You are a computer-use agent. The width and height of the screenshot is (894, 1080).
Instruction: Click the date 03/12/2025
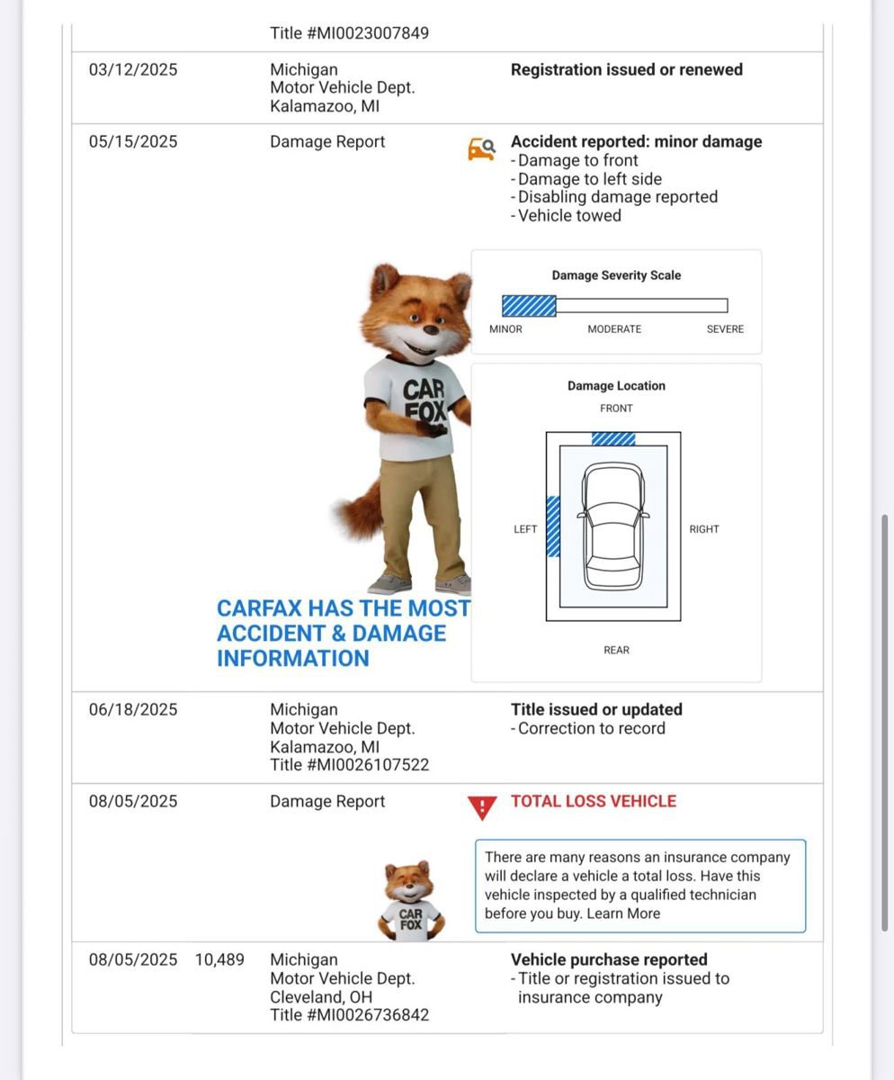133,70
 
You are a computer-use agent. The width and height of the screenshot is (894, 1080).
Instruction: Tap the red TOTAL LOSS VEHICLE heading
593,801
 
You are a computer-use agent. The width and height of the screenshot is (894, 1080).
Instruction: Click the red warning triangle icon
482,807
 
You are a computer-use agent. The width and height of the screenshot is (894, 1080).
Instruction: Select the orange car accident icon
481,148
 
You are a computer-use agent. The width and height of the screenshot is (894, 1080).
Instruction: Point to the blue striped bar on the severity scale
529,306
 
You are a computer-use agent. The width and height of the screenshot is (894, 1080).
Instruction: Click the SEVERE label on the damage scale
725,329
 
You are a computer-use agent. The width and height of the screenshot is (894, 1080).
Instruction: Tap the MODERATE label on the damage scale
614,329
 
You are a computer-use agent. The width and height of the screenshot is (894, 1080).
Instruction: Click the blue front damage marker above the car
613,439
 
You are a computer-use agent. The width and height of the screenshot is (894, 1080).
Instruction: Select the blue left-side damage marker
553,526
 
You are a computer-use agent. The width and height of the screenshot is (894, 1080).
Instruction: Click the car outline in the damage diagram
613,526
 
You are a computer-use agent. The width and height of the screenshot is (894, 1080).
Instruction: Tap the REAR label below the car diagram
616,650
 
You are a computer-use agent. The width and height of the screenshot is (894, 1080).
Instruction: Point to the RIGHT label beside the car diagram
704,529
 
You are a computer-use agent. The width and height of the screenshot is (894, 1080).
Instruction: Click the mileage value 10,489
219,960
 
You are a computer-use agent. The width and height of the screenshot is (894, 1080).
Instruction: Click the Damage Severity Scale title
616,275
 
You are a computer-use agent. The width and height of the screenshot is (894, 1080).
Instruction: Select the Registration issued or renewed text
626,70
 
